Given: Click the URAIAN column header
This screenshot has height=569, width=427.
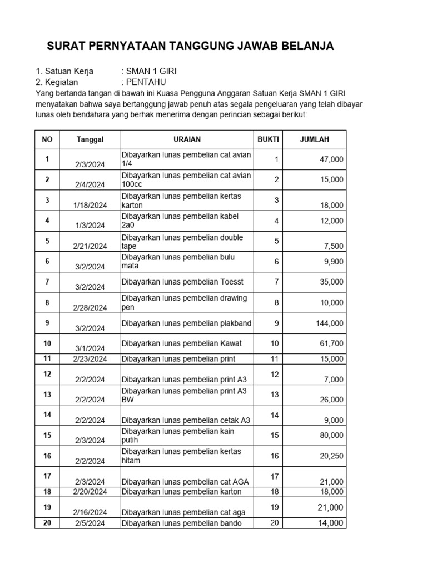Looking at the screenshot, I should [x=187, y=139].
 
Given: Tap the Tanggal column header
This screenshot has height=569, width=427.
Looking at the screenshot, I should [x=90, y=139].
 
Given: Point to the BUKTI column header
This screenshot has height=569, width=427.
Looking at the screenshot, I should [x=269, y=139].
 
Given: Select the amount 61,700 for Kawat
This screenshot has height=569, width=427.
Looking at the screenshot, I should [x=332, y=344].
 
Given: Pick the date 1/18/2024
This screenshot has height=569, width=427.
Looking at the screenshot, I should [x=90, y=205].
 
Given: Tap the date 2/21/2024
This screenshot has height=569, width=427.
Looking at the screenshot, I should [x=90, y=246].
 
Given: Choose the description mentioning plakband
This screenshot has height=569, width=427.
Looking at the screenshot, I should [x=186, y=323].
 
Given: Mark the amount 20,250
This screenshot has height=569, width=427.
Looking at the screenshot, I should [x=332, y=456].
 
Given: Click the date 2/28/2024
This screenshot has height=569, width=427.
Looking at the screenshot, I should [x=90, y=307].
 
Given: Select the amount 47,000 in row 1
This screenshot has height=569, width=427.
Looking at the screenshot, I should [x=332, y=159].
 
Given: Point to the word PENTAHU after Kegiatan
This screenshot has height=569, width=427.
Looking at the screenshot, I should [x=143, y=82].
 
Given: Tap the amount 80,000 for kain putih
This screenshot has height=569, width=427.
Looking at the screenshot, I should [x=332, y=436].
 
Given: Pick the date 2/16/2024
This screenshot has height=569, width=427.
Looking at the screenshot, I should [x=90, y=512].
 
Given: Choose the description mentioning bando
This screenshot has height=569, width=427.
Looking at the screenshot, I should [x=182, y=523].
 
